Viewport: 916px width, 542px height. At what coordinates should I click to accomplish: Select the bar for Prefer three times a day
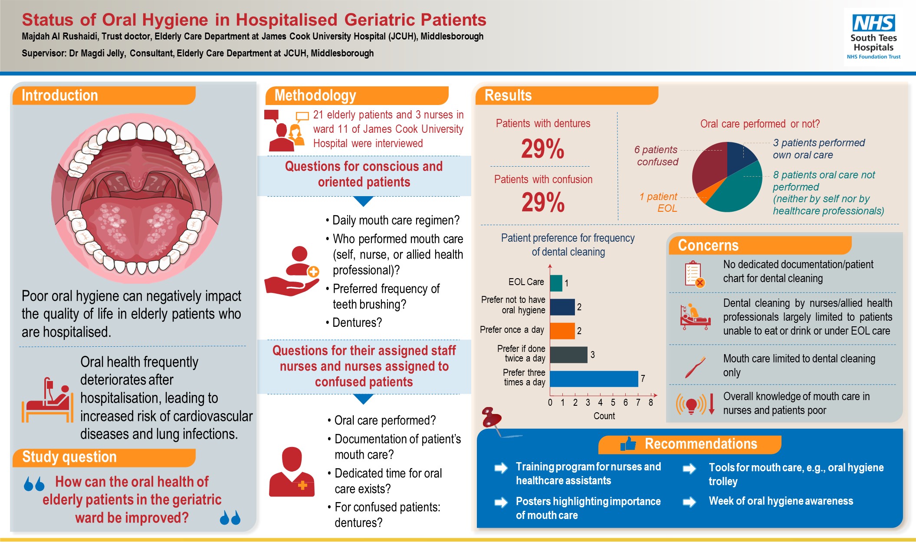594,379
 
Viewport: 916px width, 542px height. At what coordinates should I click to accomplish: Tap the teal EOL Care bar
556,283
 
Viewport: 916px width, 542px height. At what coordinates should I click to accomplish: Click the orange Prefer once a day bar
562,331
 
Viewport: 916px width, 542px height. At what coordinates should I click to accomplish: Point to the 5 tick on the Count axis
613,403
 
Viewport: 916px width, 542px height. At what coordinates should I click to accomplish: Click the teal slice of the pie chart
738,191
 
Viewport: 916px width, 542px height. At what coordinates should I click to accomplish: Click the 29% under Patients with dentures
542,149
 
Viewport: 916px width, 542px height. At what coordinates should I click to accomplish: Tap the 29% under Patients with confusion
543,203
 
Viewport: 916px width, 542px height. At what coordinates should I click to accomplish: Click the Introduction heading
60,95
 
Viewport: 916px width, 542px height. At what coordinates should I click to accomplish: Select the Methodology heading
315,95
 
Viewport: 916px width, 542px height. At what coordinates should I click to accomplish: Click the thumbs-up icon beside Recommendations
628,443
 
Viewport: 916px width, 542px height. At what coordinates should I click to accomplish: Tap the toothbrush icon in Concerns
695,367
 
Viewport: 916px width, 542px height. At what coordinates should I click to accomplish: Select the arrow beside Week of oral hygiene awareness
689,502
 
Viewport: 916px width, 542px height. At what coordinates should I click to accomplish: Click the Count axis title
604,416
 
